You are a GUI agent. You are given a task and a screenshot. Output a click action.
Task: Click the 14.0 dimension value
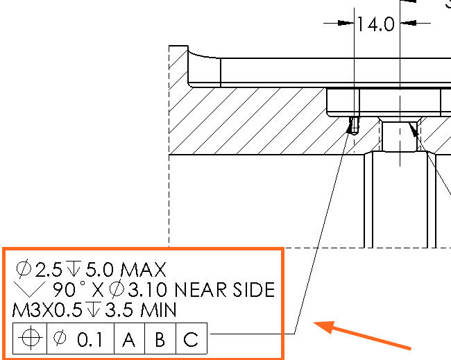pos(375,24)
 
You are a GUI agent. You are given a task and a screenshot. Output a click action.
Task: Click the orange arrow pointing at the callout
pos(361,335)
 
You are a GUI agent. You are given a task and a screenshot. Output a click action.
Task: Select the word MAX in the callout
pos(143,270)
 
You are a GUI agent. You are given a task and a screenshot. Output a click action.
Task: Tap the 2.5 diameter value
pos(49,270)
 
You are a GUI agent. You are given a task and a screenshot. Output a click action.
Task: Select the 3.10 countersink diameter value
pos(147,290)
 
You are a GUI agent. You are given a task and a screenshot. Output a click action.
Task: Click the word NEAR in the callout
pos(201,290)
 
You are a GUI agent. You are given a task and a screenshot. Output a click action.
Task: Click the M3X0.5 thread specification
pos(47,311)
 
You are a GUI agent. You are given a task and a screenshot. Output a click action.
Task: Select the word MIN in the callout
pos(158,311)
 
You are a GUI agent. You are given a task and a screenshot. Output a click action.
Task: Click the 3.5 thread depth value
pos(119,311)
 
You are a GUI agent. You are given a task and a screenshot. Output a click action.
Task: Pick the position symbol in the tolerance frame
pos(31,338)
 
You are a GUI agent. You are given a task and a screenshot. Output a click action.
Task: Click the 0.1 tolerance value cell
pos(80,338)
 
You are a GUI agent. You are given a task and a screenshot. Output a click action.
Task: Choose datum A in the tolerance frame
pos(128,339)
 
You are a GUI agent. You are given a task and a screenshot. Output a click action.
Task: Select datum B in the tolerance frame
pos(160,339)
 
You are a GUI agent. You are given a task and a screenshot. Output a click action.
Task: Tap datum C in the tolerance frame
pos(191,339)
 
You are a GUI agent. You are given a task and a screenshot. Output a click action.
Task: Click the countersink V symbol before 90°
pos(29,289)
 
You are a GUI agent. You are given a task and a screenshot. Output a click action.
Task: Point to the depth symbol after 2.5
pos(74,268)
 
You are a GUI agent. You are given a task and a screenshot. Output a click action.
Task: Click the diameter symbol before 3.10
pos(117,289)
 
